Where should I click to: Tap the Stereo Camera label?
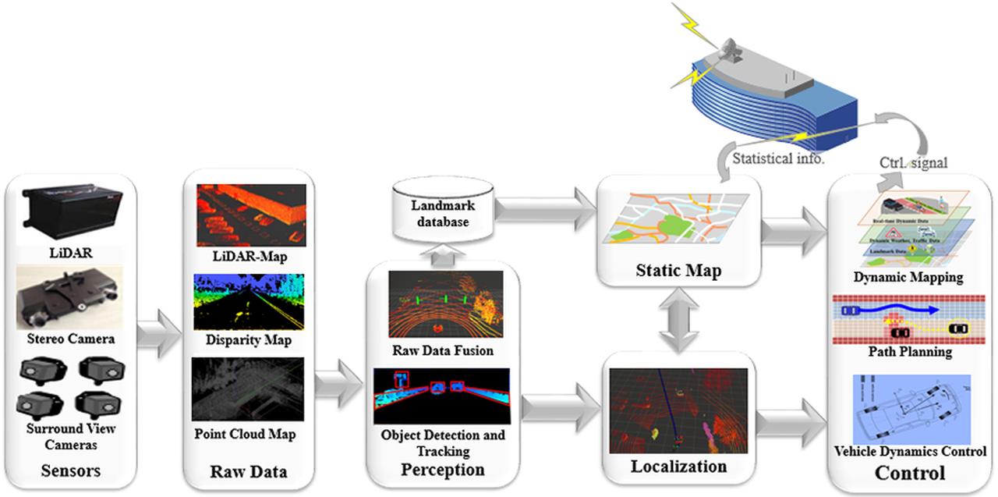[x=70, y=339]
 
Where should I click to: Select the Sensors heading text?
[x=69, y=470]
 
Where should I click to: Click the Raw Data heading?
[x=249, y=471]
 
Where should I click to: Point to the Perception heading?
[x=442, y=470]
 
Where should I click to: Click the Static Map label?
[x=677, y=272]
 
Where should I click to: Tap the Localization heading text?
[x=678, y=467]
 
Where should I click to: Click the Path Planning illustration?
[x=909, y=319]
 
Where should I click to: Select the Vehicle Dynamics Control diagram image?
[x=909, y=408]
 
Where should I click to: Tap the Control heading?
[x=910, y=473]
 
